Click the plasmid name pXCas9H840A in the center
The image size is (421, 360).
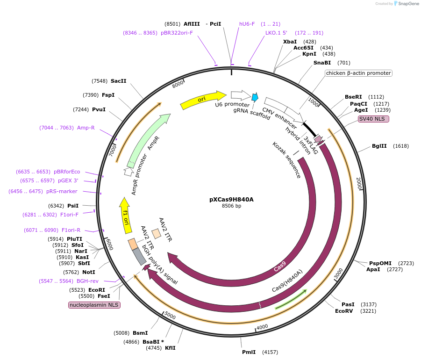[231, 199]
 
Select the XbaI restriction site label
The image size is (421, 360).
[290, 42]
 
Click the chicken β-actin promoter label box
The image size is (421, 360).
[358, 73]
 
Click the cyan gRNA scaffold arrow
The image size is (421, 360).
[255, 97]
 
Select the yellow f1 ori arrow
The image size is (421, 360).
[125, 216]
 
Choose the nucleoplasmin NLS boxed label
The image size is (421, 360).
[94, 305]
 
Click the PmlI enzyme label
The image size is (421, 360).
[249, 352]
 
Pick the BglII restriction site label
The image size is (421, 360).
[379, 146]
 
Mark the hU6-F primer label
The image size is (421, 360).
[247, 24]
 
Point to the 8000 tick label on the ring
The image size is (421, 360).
[178, 85]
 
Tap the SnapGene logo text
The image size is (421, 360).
[407, 4]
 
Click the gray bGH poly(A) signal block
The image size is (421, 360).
[139, 256]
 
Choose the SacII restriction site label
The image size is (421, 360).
[119, 81]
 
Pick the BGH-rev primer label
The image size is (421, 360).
[87, 281]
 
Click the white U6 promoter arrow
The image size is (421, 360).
[240, 95]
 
